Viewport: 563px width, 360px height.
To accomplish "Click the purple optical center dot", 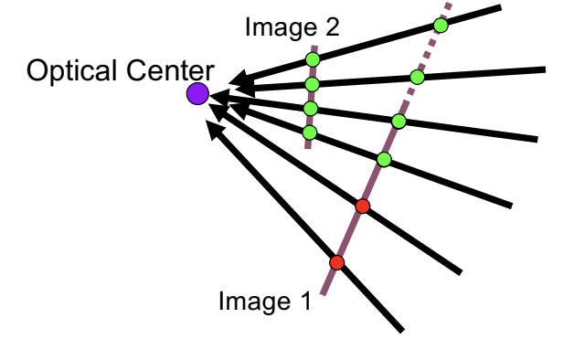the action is point(197,94).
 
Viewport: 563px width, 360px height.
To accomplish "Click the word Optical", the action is point(72,71).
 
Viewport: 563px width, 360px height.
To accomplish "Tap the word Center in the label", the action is point(170,70).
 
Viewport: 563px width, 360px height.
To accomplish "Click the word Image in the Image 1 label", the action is point(255,302).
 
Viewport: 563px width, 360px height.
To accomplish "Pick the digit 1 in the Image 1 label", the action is point(306,300).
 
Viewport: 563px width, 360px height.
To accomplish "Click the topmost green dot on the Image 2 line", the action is point(313,59).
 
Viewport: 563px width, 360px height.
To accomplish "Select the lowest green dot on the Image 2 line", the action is point(310,132).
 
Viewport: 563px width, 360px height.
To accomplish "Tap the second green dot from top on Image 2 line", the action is point(312,85).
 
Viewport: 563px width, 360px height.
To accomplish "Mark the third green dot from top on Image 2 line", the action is point(311,109).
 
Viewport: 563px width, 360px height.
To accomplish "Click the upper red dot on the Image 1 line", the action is point(363,206).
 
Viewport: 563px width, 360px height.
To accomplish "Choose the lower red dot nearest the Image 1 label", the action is point(336,263).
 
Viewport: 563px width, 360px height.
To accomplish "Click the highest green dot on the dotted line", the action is point(441,26).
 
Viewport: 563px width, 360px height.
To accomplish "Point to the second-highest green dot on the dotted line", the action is point(417,77).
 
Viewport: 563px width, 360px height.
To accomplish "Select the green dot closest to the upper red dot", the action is point(384,159).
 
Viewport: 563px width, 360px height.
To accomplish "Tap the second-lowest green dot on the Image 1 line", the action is point(398,121).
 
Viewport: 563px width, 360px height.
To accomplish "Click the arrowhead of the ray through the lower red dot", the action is point(215,129).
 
